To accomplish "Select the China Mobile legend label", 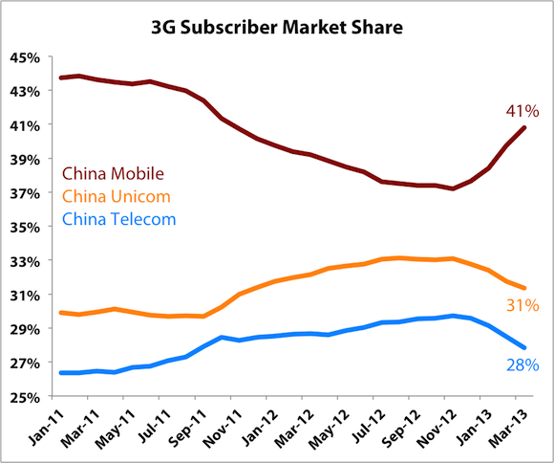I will click(x=114, y=173).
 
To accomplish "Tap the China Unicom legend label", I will click(x=116, y=196).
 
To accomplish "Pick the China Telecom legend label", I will click(x=119, y=219).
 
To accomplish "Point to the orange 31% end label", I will click(x=523, y=306).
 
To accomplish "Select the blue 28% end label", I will click(x=523, y=364).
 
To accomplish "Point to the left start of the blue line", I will click(x=60, y=373).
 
